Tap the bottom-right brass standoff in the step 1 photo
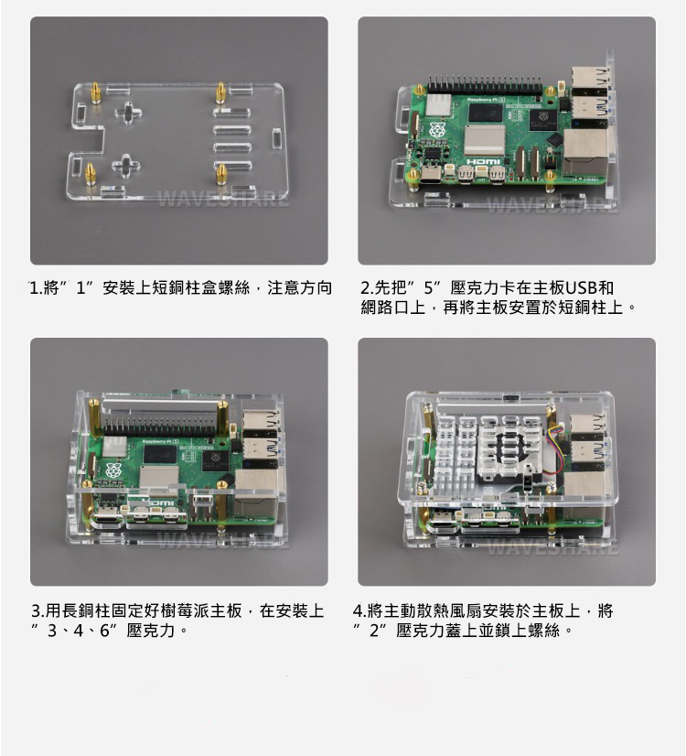coord(221,174)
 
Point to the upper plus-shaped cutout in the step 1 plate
coord(128,113)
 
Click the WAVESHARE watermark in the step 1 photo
coord(223,199)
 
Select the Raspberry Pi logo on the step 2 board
coord(436,130)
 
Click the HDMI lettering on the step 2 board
coord(483,161)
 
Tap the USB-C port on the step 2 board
coord(432,175)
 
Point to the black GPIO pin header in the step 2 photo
coord(484,86)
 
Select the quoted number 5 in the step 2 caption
coord(428,287)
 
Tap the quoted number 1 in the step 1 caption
coord(80,287)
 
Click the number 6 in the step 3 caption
coord(105,631)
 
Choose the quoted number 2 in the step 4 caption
coord(373,631)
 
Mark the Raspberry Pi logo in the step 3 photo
coord(113,471)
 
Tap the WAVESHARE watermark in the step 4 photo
coord(552,546)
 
